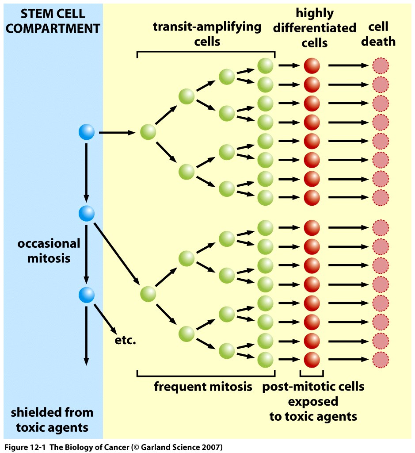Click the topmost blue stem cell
point(87,132)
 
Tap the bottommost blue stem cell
point(87,294)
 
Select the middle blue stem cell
point(87,213)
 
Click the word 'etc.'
point(124,341)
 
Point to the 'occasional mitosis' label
point(49,250)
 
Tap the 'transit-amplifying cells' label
point(207,34)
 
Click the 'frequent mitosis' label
point(203,387)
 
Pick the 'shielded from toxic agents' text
point(52,420)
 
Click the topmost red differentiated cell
point(312,66)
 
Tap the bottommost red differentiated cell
point(312,358)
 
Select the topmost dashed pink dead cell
point(381,66)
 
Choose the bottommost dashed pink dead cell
point(381,359)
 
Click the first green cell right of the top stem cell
point(148,132)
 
